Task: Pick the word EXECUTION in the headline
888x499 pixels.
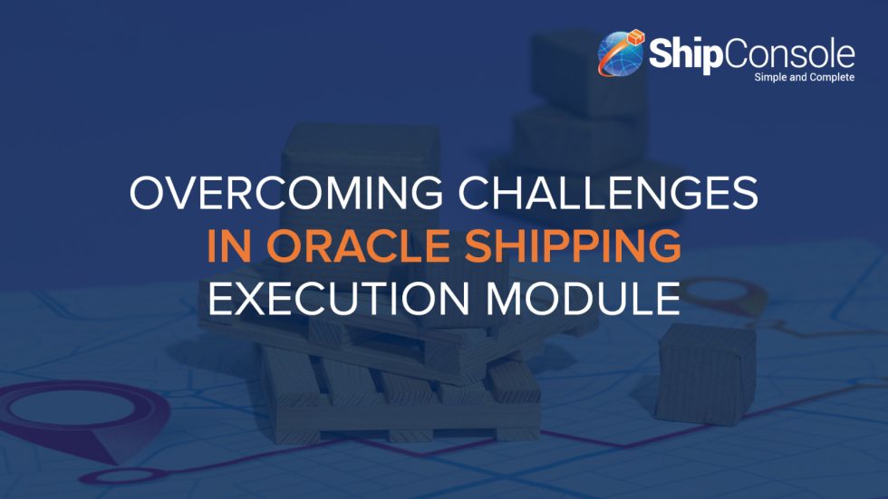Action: pyautogui.click(x=331, y=299)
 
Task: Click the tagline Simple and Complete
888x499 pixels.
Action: pyautogui.click(x=804, y=78)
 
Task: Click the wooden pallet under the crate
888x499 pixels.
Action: pyautogui.click(x=399, y=380)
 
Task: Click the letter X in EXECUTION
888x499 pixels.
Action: pyautogui.click(x=256, y=299)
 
